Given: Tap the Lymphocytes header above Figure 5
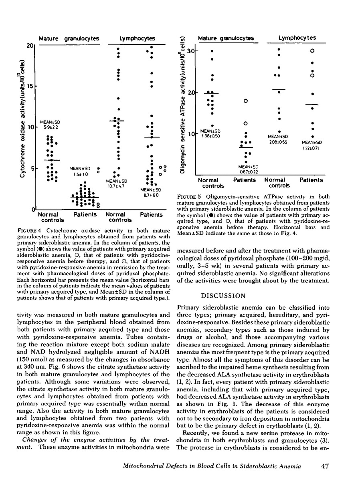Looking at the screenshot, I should click(297, 38).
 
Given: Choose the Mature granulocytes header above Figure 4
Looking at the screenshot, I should click(69, 38).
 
